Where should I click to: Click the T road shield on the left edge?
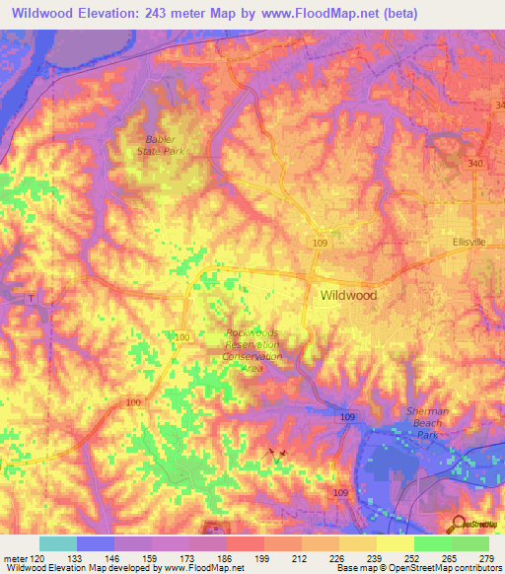tap(31, 299)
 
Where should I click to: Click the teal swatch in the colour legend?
tap(58, 543)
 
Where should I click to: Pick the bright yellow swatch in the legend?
tap(396, 543)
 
